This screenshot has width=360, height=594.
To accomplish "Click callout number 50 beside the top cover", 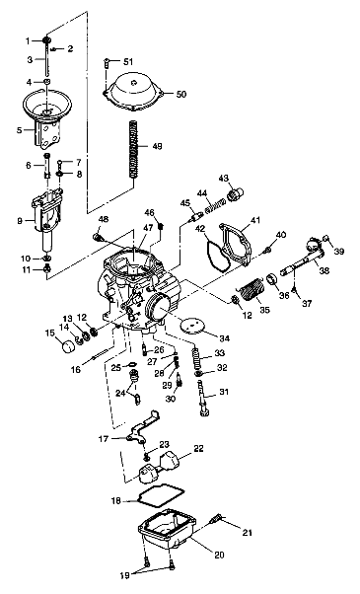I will point(181,94).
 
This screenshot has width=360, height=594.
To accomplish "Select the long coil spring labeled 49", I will point(134,147).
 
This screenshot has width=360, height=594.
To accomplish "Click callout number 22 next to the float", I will point(198,448).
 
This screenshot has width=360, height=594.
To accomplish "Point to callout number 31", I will point(222,393).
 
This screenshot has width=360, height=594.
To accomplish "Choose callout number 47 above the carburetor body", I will point(148,228).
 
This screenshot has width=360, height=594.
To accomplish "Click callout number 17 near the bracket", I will point(104,437).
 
